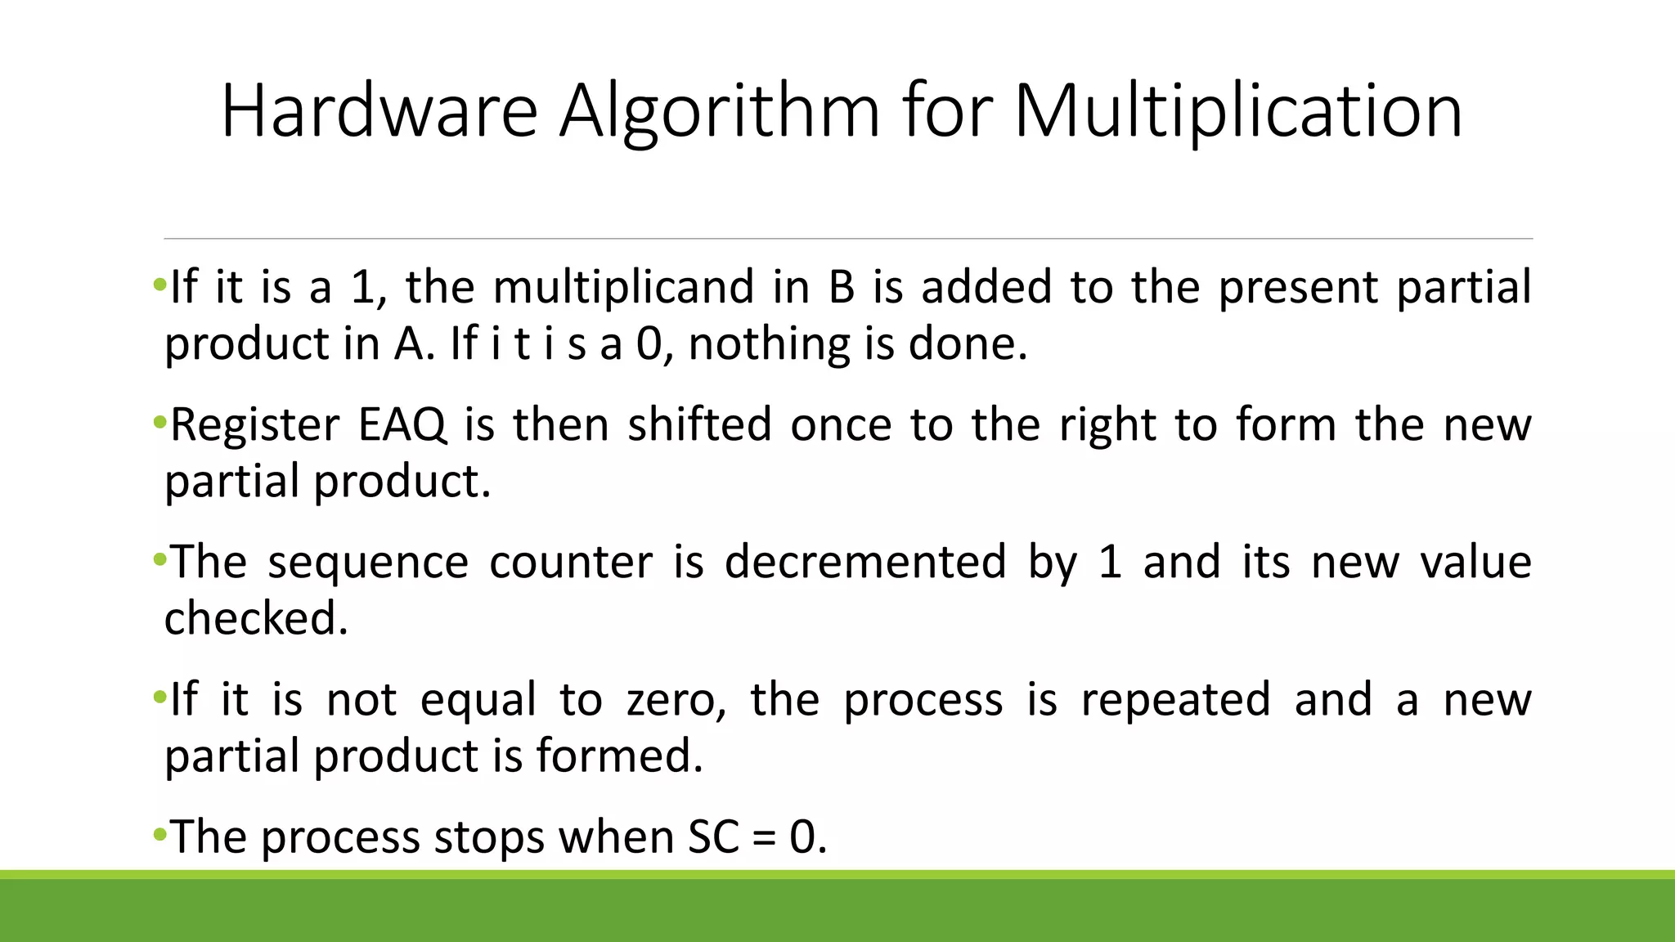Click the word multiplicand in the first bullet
click(x=623, y=287)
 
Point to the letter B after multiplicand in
click(x=841, y=287)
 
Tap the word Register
click(x=254, y=424)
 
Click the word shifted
click(x=699, y=424)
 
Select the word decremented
click(x=865, y=562)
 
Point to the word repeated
click(x=1175, y=700)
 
